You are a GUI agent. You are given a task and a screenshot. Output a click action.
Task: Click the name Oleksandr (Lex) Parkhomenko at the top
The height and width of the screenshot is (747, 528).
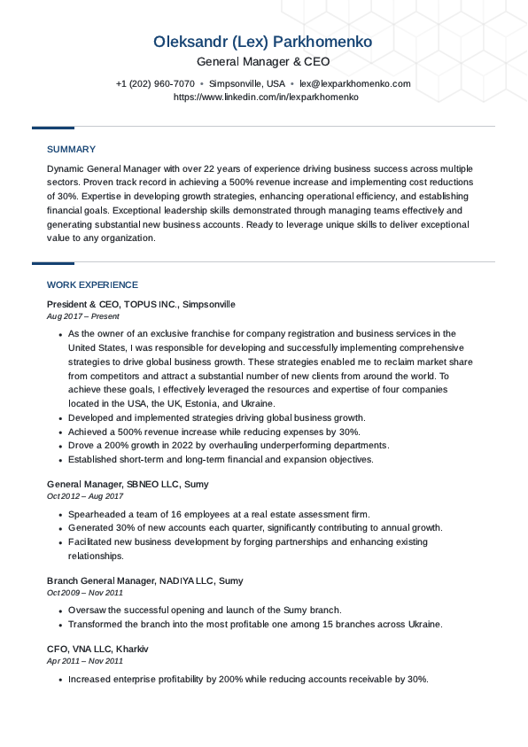click(263, 42)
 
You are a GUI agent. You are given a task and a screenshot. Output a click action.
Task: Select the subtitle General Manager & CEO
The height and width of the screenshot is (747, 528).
click(263, 62)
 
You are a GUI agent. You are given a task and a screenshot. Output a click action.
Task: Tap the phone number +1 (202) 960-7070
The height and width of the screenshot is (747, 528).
click(155, 84)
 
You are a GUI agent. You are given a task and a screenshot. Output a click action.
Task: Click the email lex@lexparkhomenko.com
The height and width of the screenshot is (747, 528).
click(354, 84)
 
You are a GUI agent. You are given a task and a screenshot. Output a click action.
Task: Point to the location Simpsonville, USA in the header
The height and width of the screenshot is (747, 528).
click(247, 84)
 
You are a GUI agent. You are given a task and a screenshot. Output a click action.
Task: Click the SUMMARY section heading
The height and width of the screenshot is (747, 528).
click(71, 150)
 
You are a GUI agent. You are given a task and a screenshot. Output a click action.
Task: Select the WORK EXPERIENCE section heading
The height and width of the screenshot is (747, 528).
click(92, 285)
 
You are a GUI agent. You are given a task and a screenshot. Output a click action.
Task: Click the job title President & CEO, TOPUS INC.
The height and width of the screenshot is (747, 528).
click(141, 304)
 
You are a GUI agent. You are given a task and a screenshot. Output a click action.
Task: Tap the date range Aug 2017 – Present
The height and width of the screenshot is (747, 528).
click(82, 316)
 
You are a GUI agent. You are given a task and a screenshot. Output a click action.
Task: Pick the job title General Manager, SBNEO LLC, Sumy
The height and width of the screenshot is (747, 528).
click(128, 485)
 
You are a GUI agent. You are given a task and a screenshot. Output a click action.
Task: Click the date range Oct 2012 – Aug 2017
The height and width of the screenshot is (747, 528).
click(85, 496)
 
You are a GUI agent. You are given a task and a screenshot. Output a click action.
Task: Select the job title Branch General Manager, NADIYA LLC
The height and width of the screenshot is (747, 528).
click(144, 580)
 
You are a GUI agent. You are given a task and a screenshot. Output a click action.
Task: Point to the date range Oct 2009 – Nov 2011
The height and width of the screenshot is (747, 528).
click(85, 593)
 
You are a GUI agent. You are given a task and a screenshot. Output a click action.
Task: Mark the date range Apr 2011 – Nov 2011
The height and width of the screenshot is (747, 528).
click(85, 661)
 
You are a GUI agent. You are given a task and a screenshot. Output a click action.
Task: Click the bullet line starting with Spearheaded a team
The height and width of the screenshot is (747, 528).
click(219, 515)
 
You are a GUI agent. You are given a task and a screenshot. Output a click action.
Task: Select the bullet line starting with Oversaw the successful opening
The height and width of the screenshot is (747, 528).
click(205, 611)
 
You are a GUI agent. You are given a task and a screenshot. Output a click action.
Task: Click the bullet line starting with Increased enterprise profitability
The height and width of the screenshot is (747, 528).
click(248, 680)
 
